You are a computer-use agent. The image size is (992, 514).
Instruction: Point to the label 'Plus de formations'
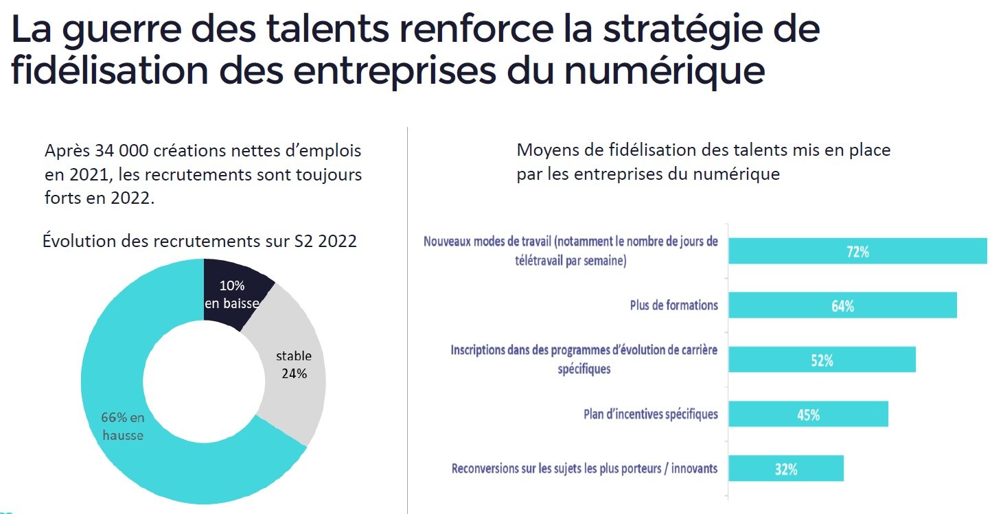(673, 305)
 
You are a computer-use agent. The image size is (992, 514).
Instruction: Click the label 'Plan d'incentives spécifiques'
(650, 414)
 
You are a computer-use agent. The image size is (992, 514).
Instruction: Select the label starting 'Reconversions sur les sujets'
(584, 469)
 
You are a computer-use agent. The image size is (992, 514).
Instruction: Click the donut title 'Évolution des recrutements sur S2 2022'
(200, 242)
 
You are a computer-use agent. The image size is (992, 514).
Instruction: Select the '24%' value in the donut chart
(294, 373)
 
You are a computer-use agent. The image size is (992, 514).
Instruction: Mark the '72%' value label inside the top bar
(857, 252)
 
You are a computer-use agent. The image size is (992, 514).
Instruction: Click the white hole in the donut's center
(203, 381)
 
